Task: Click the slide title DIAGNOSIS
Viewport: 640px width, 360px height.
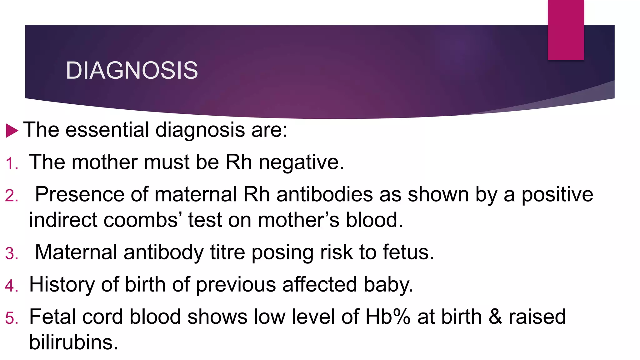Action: tap(132, 70)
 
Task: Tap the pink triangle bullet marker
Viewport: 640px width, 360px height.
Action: tap(12, 130)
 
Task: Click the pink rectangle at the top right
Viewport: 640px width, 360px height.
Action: tap(566, 30)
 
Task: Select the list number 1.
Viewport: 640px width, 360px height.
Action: tap(12, 164)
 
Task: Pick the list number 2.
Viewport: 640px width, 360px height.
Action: tap(12, 196)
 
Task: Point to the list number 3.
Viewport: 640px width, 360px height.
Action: tap(12, 253)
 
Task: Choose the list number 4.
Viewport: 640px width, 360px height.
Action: tap(12, 286)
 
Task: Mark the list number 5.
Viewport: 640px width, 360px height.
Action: tap(12, 318)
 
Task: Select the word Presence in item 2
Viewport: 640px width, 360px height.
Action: tap(79, 194)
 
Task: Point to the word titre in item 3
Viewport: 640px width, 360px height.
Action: tap(227, 252)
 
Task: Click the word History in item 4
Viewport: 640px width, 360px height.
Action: tap(62, 285)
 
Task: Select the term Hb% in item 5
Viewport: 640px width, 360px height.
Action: tap(387, 317)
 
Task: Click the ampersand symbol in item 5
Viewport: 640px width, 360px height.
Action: tap(495, 317)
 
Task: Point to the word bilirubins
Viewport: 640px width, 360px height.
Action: tap(73, 342)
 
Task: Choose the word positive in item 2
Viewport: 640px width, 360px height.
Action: tap(557, 194)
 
